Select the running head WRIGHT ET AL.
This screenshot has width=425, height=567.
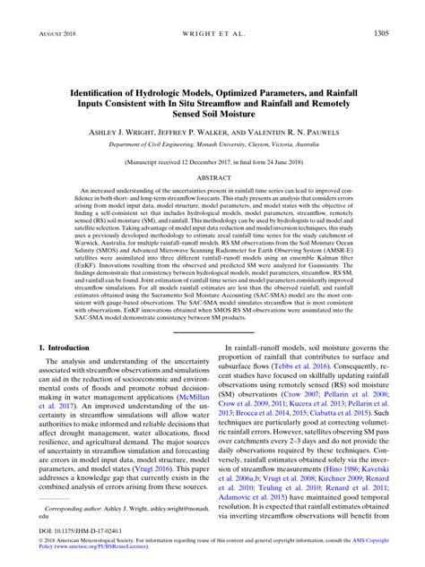[212, 33]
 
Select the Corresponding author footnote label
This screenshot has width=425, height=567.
[73, 506]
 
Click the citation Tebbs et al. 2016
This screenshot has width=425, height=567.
[326, 340]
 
